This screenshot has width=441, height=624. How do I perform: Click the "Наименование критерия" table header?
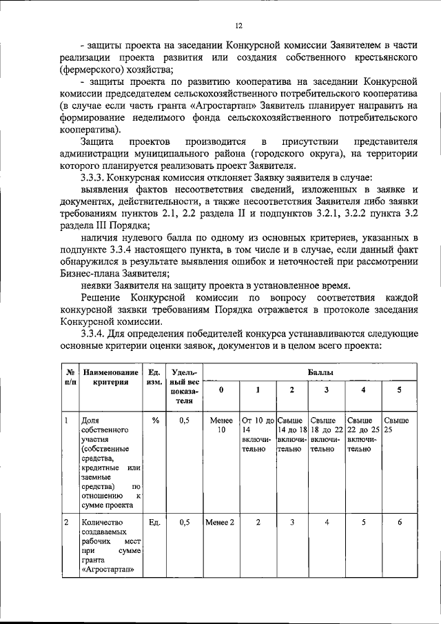tap(109, 377)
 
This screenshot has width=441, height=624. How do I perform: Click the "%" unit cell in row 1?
tap(155, 419)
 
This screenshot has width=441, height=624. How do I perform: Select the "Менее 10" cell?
tap(221, 425)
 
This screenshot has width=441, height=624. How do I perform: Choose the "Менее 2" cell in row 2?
tap(221, 522)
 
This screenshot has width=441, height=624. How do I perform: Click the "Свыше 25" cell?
tap(396, 425)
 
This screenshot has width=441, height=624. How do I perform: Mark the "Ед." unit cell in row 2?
tap(155, 522)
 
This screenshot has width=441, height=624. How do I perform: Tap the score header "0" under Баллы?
tap(221, 390)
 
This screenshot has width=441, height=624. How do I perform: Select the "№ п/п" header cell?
tap(69, 377)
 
